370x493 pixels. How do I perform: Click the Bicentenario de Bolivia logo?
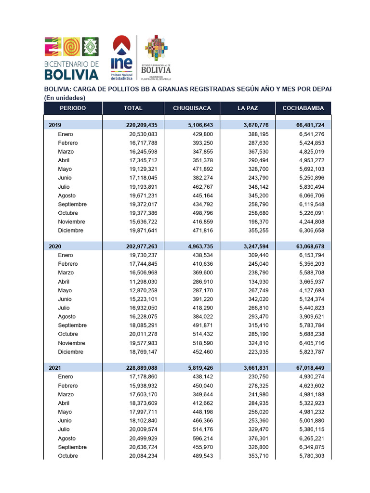click(x=71, y=58)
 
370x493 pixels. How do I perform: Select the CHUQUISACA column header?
click(x=192, y=108)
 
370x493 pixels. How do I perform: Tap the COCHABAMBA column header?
click(x=304, y=108)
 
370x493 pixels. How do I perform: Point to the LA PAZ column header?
click(x=248, y=108)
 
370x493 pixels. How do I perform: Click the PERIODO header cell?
click(x=73, y=108)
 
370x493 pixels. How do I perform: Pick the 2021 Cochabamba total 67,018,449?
click(x=304, y=367)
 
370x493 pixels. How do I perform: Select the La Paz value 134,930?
click(x=258, y=282)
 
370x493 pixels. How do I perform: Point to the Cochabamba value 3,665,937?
click(x=311, y=282)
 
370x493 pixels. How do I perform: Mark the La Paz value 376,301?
click(x=258, y=438)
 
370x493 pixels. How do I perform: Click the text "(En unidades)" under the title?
click(x=65, y=98)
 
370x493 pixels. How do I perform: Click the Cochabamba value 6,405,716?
click(x=311, y=343)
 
